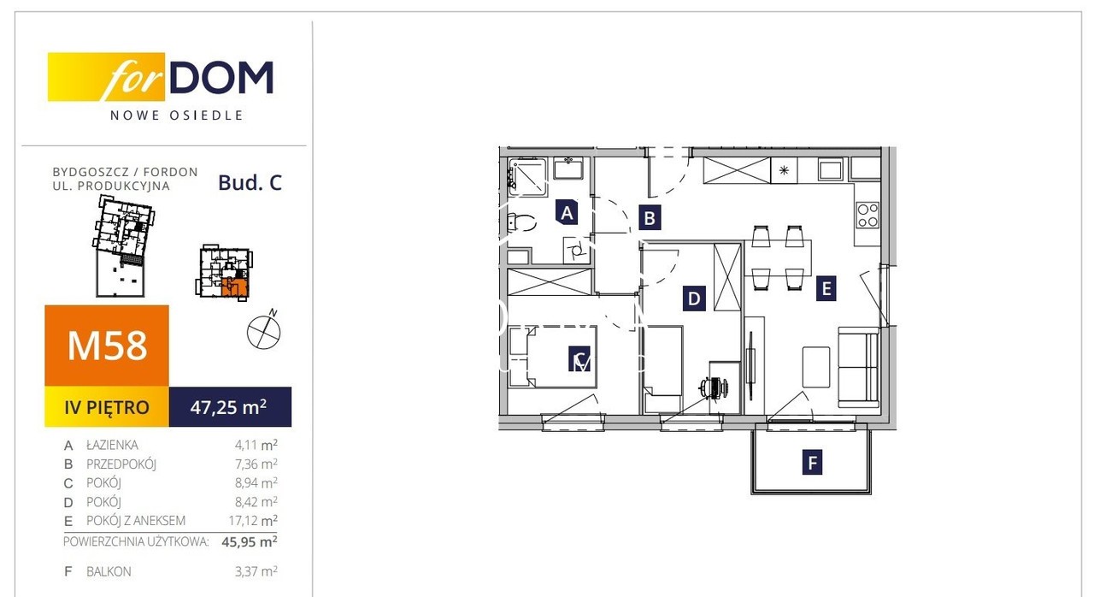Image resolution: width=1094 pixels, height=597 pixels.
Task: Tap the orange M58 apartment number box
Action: click(x=107, y=346)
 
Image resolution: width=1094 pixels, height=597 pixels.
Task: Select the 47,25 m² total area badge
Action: click(x=230, y=406)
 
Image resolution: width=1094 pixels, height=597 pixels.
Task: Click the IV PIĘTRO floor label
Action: click(x=107, y=406)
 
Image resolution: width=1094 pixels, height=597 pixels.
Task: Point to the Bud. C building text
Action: click(x=250, y=183)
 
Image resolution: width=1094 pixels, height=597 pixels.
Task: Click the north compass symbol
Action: click(x=264, y=330)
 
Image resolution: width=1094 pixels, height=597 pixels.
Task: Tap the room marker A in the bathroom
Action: click(x=567, y=212)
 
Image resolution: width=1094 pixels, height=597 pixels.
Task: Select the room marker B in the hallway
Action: click(x=650, y=217)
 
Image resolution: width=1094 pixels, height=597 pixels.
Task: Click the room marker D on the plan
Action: click(x=693, y=298)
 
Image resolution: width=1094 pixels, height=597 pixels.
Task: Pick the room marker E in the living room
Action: click(x=826, y=288)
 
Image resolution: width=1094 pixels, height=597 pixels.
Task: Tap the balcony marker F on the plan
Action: click(x=812, y=462)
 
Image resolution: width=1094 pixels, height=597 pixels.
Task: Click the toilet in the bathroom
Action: click(x=520, y=222)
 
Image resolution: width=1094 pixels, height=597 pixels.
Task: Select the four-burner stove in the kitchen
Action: click(x=868, y=215)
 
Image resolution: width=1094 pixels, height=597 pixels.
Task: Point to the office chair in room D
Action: click(x=715, y=388)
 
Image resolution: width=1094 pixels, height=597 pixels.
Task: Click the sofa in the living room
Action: click(x=859, y=368)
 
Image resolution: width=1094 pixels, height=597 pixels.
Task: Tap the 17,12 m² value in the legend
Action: click(x=253, y=520)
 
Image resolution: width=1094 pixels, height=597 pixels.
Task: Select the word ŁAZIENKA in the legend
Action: click(x=112, y=445)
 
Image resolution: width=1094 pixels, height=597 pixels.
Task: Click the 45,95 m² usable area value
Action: click(x=250, y=541)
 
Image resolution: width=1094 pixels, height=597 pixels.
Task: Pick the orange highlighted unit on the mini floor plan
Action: click(x=235, y=287)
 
